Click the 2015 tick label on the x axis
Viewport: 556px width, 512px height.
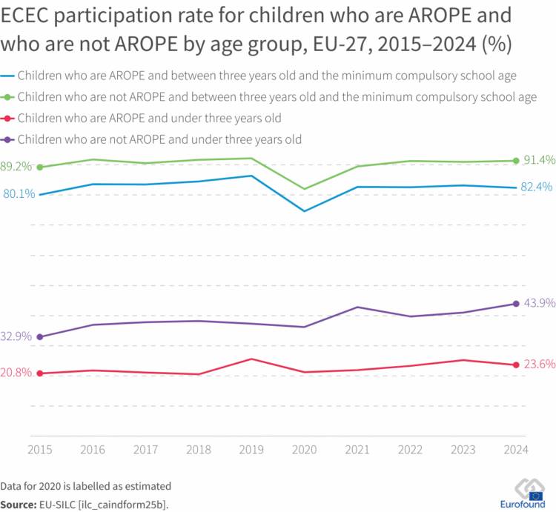pyautogui.click(x=40, y=450)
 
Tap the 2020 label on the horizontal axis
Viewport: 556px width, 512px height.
pyautogui.click(x=304, y=450)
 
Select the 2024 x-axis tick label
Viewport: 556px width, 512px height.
pyautogui.click(x=516, y=450)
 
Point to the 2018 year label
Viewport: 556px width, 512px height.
pyautogui.click(x=199, y=450)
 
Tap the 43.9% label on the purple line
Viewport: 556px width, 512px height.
pyautogui.click(x=538, y=303)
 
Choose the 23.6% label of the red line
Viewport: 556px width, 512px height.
pyautogui.click(x=538, y=364)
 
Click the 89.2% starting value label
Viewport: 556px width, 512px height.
pyautogui.click(x=16, y=167)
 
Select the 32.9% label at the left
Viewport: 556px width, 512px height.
pyautogui.click(x=16, y=336)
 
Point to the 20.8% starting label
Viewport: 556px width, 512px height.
pyautogui.click(x=16, y=373)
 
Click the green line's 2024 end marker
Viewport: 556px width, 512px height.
pyautogui.click(x=516, y=160)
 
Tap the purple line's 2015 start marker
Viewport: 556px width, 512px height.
pyautogui.click(x=40, y=337)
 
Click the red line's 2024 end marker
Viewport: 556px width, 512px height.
pyautogui.click(x=516, y=365)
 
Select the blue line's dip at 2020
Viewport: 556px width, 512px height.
pyautogui.click(x=304, y=211)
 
